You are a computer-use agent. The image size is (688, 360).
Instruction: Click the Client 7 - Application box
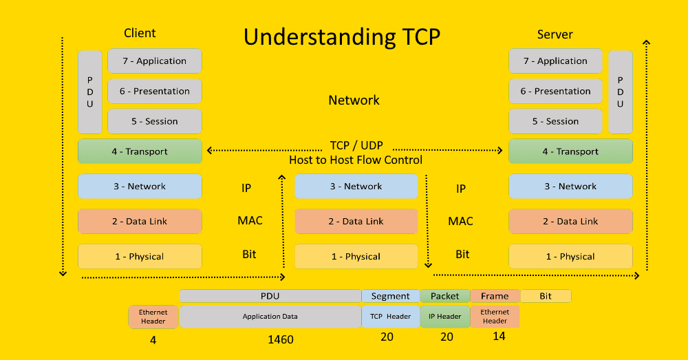pyautogui.click(x=154, y=61)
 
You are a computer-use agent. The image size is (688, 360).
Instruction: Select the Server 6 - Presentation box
pyautogui.click(x=555, y=91)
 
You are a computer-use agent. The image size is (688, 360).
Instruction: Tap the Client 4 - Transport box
pyautogui.click(x=140, y=151)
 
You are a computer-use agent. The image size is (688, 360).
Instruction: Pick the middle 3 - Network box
pyautogui.click(x=356, y=186)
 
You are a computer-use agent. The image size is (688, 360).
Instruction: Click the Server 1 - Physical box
pyautogui.click(x=570, y=256)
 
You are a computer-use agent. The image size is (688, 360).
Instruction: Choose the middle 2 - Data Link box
pyautogui.click(x=356, y=221)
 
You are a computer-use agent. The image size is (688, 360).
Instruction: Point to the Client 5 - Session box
pyautogui.click(x=154, y=121)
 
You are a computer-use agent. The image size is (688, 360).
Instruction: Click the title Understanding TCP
pyautogui.click(x=342, y=37)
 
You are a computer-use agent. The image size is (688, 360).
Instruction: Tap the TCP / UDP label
pyautogui.click(x=356, y=145)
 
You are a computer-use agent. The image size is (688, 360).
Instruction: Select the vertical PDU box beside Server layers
pyautogui.click(x=621, y=92)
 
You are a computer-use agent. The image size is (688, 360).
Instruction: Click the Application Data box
pyautogui.click(x=270, y=317)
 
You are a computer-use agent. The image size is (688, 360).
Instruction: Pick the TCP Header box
pyautogui.click(x=391, y=317)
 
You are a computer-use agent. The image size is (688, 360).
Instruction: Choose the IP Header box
pyautogui.click(x=445, y=317)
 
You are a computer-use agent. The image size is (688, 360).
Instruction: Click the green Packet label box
pyautogui.click(x=445, y=296)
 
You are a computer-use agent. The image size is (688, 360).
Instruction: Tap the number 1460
pyautogui.click(x=281, y=339)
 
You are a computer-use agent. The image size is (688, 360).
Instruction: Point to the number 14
pyautogui.click(x=499, y=337)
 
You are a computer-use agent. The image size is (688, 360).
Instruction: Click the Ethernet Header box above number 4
pyautogui.click(x=153, y=317)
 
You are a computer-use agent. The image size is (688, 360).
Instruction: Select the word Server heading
pyautogui.click(x=555, y=34)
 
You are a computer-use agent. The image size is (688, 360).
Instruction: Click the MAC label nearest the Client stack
pyautogui.click(x=250, y=220)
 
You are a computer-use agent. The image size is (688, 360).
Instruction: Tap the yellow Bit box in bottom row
pyautogui.click(x=546, y=296)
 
